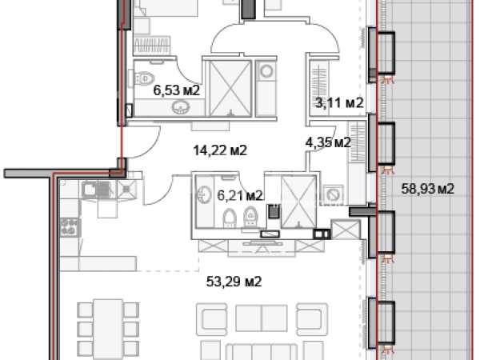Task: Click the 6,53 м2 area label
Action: [x=176, y=90]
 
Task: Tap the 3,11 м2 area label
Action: [x=339, y=103]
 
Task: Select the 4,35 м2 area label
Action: [x=328, y=142]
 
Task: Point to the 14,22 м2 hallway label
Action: [x=220, y=150]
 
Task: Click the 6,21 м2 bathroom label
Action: [x=240, y=195]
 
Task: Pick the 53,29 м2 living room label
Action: [x=234, y=282]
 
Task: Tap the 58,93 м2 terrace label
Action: [x=428, y=189]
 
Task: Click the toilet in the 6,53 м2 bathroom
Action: [x=143, y=78]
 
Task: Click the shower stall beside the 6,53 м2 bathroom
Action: [x=230, y=89]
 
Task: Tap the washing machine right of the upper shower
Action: [x=266, y=71]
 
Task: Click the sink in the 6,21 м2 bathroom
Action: [x=204, y=194]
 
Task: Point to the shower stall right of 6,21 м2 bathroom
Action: [x=298, y=202]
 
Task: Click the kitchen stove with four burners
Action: [x=70, y=227]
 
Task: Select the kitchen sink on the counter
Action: [x=98, y=190]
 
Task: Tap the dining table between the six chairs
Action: [x=108, y=329]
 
